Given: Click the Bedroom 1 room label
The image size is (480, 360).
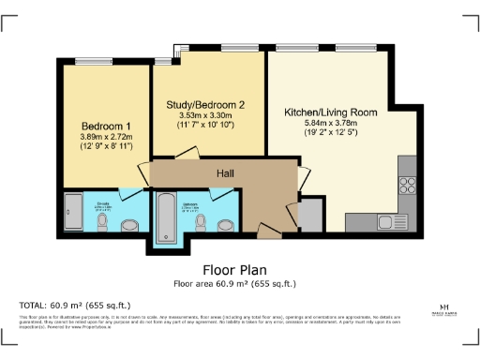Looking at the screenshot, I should click(x=105, y=126).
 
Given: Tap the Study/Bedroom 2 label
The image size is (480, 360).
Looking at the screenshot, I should click(x=205, y=104).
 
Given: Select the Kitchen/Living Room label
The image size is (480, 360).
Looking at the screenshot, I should click(x=331, y=112).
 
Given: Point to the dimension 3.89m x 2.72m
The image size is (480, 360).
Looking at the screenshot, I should click(x=105, y=137).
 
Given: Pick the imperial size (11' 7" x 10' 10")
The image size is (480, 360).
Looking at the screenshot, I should click(x=205, y=127).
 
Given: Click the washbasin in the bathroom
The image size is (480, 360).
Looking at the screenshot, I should click(x=225, y=225).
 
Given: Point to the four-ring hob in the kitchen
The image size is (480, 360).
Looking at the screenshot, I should click(x=408, y=178).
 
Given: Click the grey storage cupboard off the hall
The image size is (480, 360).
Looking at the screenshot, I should click(x=307, y=215).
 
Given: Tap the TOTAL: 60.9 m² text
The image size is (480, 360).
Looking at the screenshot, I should click(x=75, y=305).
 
